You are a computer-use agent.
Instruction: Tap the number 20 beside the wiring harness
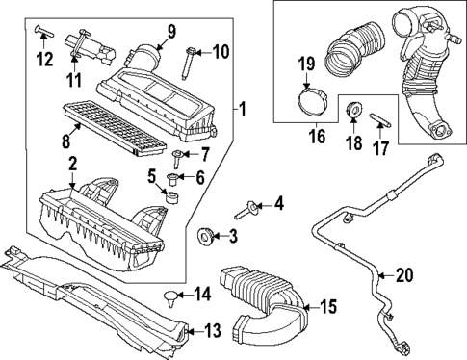click(403, 275)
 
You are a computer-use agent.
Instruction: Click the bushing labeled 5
click(174, 197)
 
